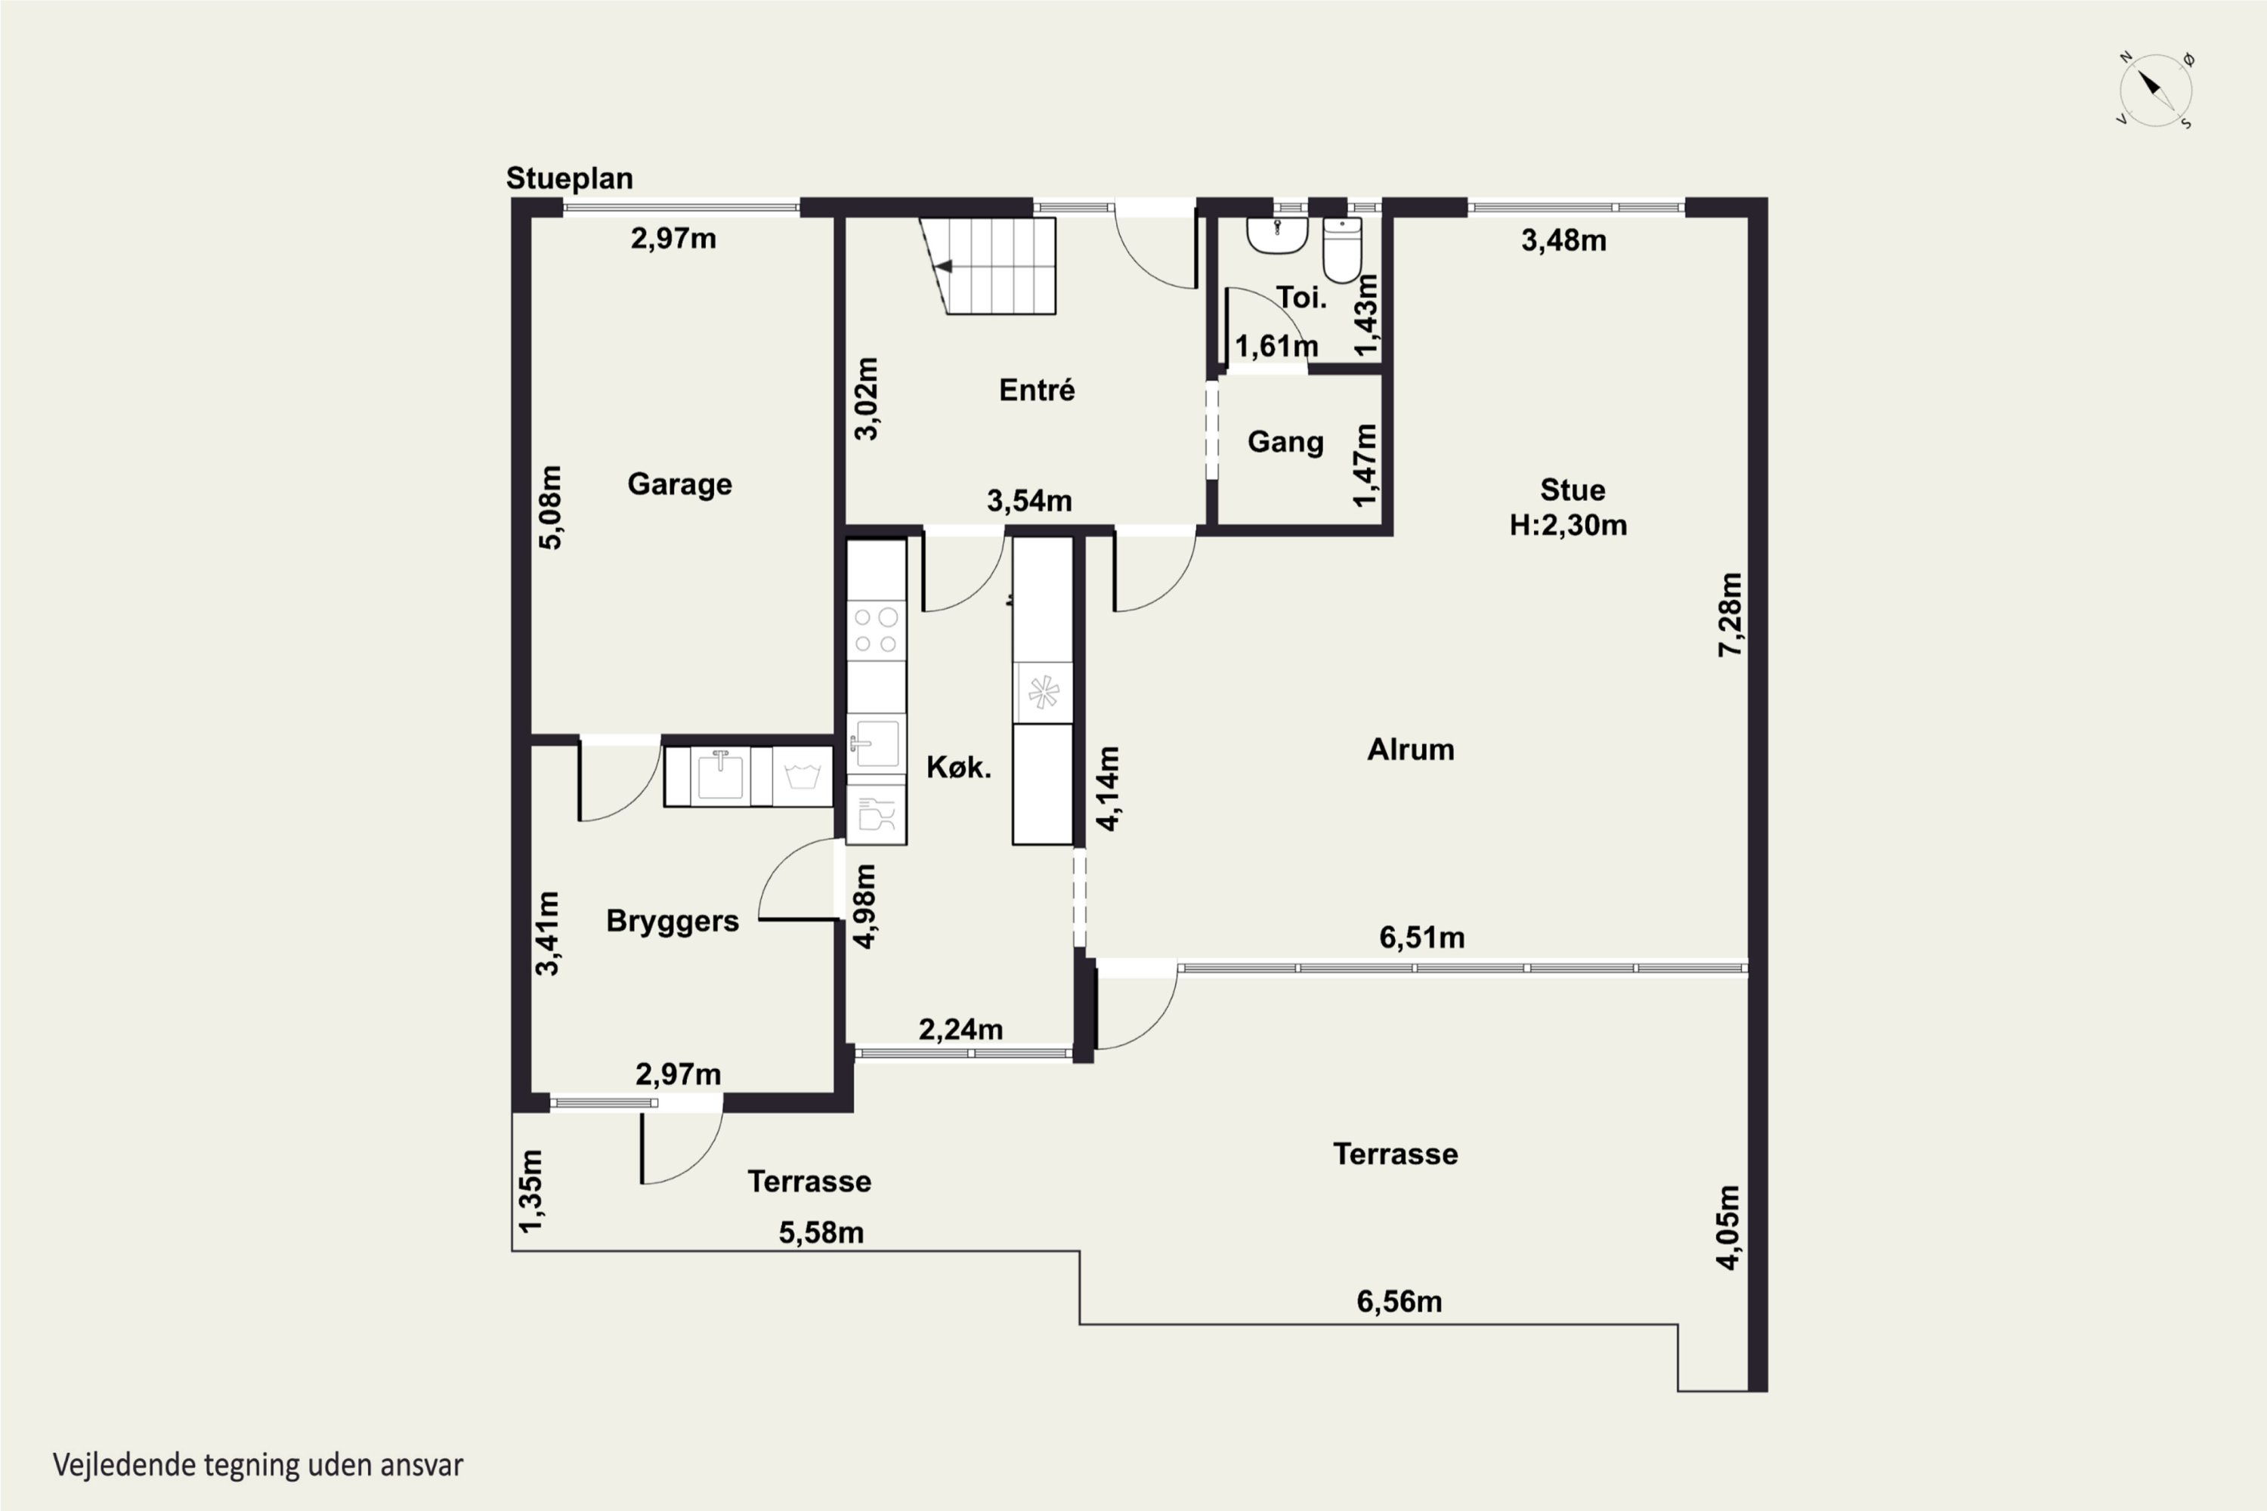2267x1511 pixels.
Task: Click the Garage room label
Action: (x=679, y=484)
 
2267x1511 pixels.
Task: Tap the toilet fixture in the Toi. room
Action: (x=1342, y=249)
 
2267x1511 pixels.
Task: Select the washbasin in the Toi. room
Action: (x=1277, y=235)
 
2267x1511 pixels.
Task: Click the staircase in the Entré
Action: (x=988, y=266)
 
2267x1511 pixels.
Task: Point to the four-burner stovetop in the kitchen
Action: (x=876, y=630)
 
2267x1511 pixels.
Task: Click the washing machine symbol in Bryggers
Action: (x=802, y=777)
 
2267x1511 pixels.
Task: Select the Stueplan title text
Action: (x=570, y=178)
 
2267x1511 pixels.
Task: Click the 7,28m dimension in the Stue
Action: (x=1730, y=615)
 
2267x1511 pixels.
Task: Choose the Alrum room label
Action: (x=1410, y=749)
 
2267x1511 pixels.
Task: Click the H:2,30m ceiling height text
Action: (x=1568, y=525)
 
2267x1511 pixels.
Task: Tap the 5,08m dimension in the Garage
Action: (x=549, y=508)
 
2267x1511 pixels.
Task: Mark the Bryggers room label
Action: (x=673, y=921)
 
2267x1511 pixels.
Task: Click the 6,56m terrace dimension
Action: (x=1399, y=1302)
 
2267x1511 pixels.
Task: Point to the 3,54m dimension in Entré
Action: (x=1029, y=501)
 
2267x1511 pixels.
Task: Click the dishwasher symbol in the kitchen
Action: (x=876, y=814)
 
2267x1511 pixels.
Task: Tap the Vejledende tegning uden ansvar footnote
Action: (x=258, y=1466)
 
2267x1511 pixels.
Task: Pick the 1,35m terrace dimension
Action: (x=531, y=1191)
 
